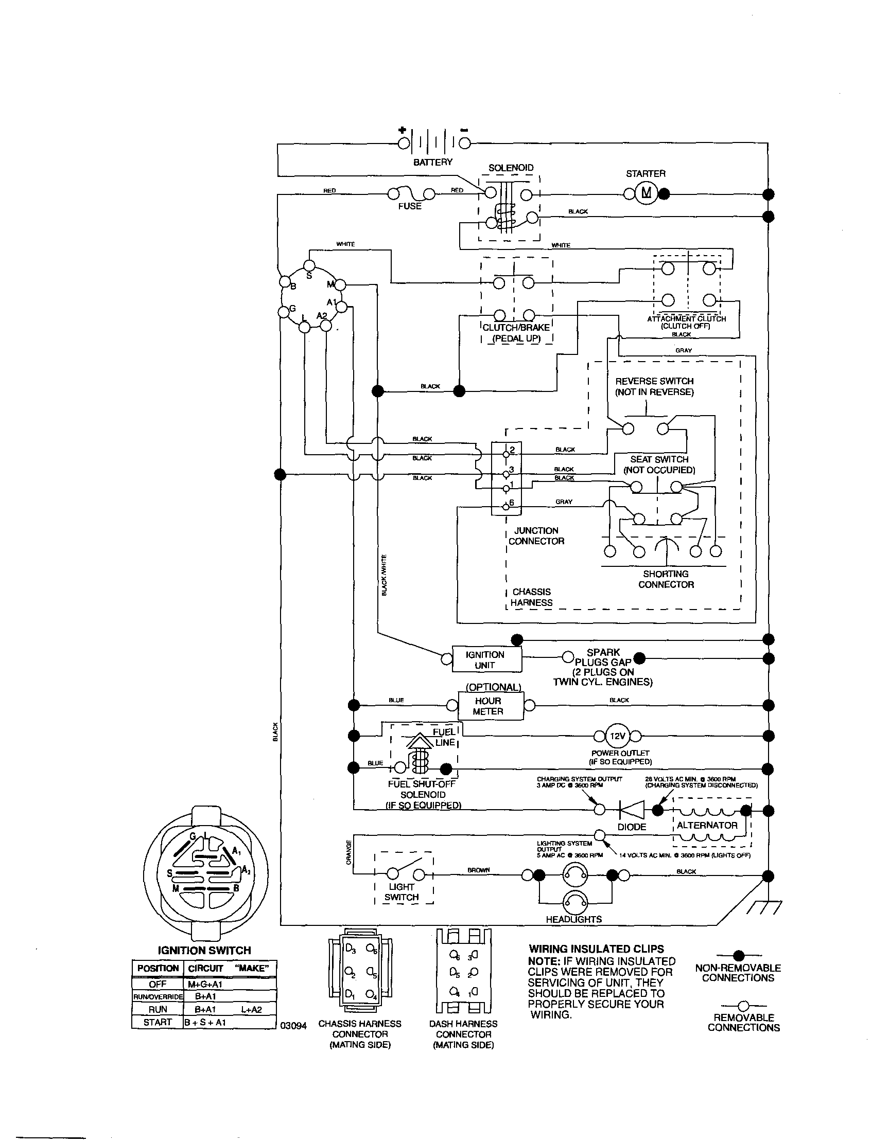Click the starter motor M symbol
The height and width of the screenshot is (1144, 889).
click(647, 193)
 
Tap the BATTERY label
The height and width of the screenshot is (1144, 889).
click(432, 162)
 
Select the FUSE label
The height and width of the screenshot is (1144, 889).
click(409, 206)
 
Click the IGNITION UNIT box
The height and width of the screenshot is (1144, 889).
click(485, 659)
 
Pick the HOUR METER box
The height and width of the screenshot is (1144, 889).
click(488, 706)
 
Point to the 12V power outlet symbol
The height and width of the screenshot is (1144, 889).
click(618, 736)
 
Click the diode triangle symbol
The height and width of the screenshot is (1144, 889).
click(631, 810)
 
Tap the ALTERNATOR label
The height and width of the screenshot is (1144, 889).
click(707, 825)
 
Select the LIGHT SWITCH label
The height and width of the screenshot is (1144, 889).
click(402, 892)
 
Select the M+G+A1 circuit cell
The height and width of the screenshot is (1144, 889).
click(205, 984)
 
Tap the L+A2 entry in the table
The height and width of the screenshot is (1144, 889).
click(252, 1009)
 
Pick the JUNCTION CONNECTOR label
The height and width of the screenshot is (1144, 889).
click(536, 536)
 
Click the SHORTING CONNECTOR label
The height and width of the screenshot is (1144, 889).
click(666, 579)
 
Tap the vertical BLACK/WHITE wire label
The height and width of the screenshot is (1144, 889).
click(384, 575)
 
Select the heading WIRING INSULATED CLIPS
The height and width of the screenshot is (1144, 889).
click(597, 949)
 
